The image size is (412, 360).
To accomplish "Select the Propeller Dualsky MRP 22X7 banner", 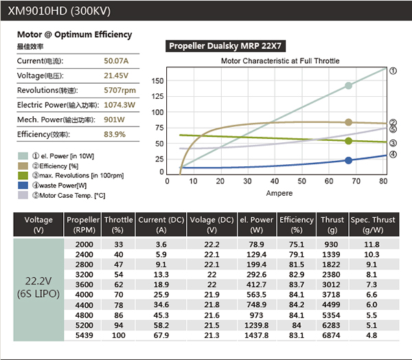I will (226, 46).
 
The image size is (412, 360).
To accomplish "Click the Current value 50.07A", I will (115, 61).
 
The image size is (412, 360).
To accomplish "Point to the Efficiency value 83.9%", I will (115, 134).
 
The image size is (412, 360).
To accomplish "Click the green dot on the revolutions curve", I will (349, 141).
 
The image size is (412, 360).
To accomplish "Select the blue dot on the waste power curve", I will (349, 161).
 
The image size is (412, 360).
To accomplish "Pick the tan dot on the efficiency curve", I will (349, 122).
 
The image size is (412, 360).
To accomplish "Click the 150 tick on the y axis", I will (159, 80).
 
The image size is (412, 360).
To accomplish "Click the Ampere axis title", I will (279, 193).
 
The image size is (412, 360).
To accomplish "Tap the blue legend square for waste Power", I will (23, 185).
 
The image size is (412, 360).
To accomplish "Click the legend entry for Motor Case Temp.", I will (62, 195).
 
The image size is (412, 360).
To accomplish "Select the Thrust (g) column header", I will (332, 225).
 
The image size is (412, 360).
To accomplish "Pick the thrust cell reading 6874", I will (332, 335).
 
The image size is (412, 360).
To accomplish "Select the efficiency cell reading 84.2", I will (297, 304).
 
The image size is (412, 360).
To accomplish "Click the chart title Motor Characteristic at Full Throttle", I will (280, 61).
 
